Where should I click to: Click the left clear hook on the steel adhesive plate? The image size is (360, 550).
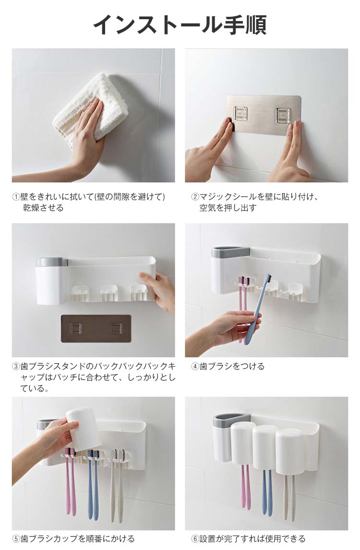240,115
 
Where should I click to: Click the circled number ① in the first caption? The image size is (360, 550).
16,197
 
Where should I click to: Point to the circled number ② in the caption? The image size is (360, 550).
195,197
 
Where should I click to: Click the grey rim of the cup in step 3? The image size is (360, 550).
51,262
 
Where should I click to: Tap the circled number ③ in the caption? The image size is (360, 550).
16,367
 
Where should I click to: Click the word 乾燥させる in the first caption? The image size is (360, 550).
43,208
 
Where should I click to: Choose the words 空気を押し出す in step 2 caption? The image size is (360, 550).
228,208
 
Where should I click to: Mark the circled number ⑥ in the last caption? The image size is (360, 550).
195,538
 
